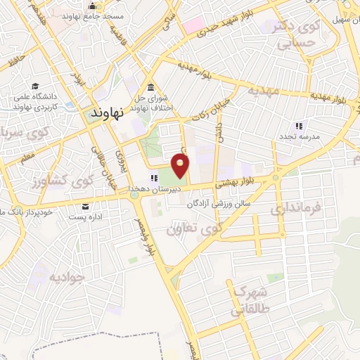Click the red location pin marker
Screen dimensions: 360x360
[x=181, y=166]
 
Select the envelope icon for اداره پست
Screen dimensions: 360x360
[x=86, y=207]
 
